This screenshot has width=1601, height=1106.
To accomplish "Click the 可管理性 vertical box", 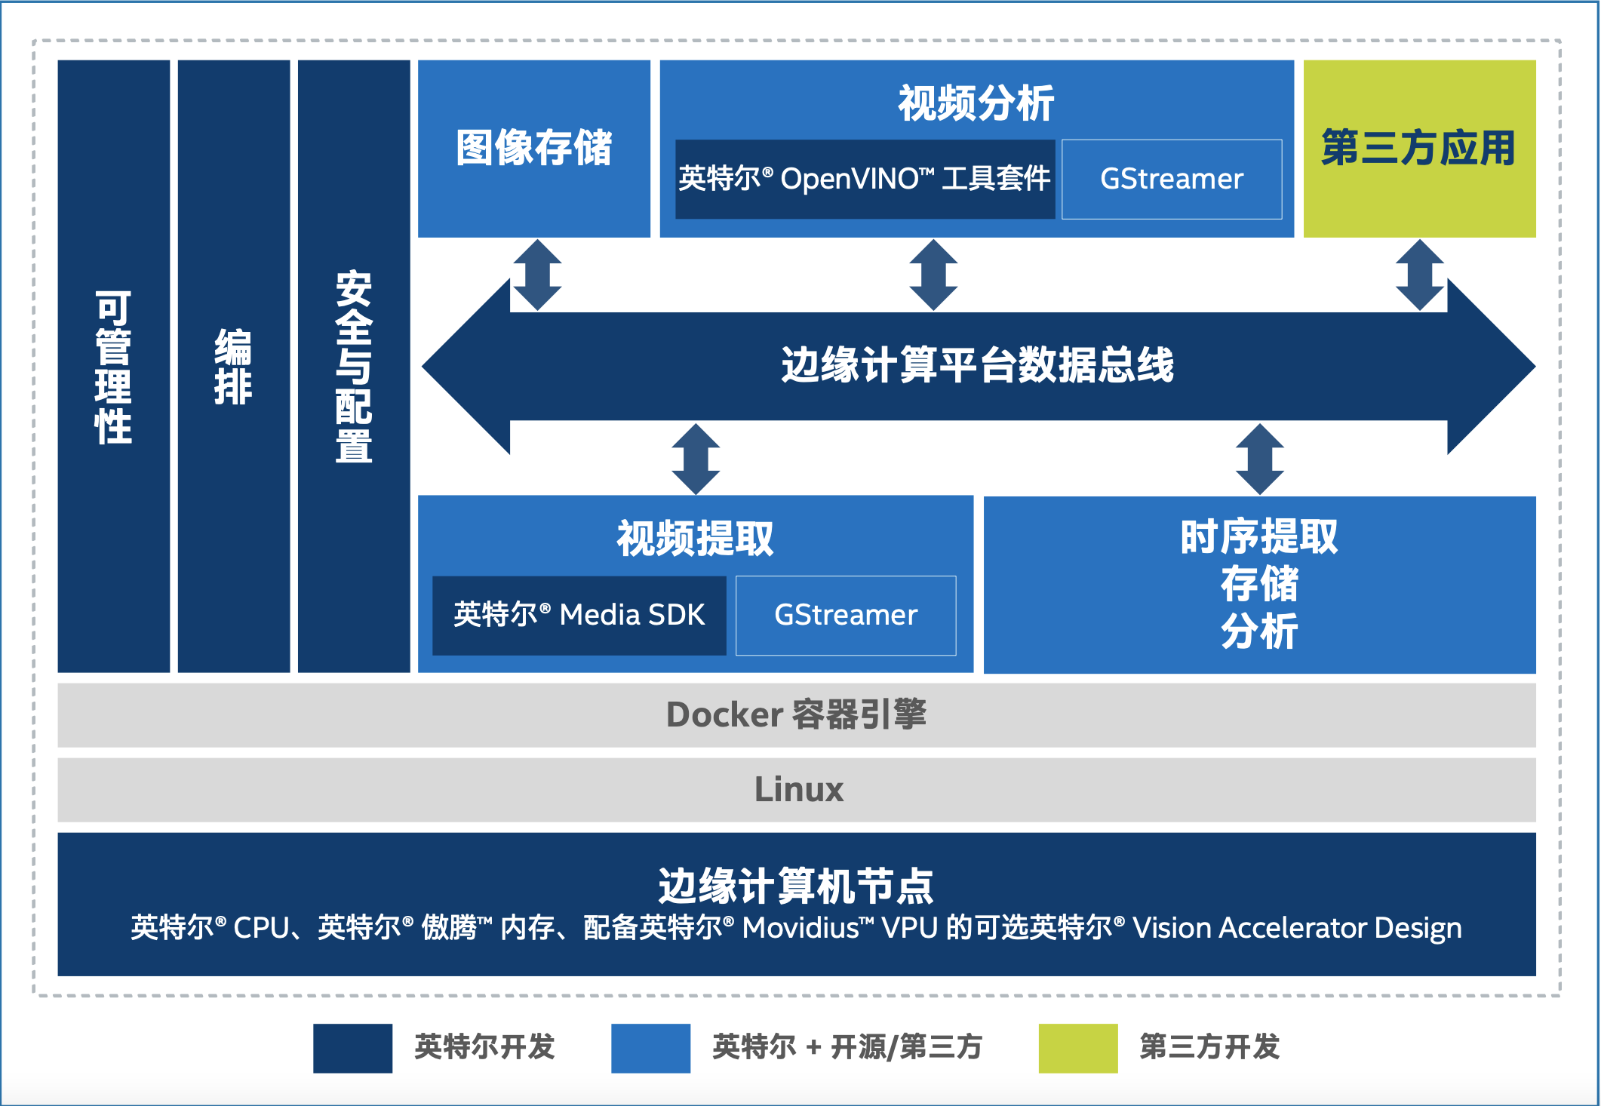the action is (114, 366).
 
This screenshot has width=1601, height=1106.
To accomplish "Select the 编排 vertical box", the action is (234, 366).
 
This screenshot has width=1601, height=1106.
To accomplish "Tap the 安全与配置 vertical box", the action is (354, 366).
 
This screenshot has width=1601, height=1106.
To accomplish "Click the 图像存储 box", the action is (534, 149).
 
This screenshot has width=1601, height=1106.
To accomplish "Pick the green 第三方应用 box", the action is (1419, 149).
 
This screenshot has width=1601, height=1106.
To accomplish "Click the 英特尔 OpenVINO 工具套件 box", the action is (865, 180).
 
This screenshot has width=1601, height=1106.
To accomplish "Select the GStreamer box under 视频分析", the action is (1172, 180).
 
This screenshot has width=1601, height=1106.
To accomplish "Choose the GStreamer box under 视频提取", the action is (846, 616).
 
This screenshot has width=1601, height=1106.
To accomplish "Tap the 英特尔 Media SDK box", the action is (579, 616).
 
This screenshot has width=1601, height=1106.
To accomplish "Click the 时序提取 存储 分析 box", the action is (1260, 585).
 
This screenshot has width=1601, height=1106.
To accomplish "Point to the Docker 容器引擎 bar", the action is (797, 715).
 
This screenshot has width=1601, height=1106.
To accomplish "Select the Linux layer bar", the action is (797, 790).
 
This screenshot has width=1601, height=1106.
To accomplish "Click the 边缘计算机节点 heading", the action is (796, 886).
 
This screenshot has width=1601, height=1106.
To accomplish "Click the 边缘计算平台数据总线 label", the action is (978, 366).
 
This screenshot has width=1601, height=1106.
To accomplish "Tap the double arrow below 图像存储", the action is (537, 275).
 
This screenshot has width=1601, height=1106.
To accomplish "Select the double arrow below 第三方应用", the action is (1420, 275).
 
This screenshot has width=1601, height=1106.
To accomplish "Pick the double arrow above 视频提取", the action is (696, 459).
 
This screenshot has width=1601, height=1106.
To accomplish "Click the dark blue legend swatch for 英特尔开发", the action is (353, 1048).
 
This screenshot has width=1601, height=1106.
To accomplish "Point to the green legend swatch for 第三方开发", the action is (1078, 1048).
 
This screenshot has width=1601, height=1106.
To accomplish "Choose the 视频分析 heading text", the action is (976, 104).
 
